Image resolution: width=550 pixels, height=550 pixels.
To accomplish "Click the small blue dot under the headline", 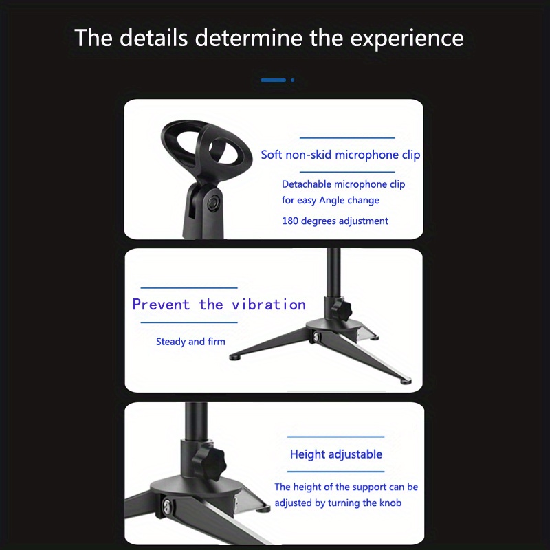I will coord(292,80).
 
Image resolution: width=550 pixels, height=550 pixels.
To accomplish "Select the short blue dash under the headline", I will coord(273,80).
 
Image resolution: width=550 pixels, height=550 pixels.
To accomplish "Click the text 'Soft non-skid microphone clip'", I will coord(340,155).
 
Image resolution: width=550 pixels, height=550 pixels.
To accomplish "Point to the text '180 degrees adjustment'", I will coord(335,221).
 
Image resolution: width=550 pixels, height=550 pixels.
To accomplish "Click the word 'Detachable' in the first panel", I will coord(307,184).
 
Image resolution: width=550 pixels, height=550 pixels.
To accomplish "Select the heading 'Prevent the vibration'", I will coord(219,305).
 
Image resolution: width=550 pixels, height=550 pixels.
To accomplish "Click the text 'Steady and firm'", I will coord(190,342).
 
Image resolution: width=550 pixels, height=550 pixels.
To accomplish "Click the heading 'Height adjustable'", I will coord(335,454).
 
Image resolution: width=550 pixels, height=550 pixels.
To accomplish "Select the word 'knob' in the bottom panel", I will coord(389,503).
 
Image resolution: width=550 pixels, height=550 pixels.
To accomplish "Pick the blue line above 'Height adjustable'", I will coord(335,437).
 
